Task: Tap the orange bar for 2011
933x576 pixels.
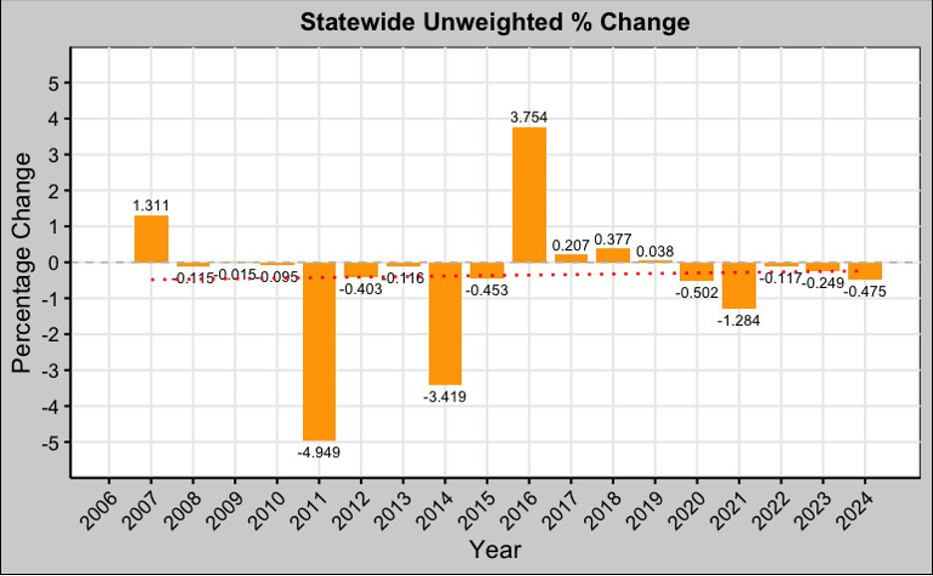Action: (319, 351)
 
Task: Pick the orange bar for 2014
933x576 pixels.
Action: (446, 323)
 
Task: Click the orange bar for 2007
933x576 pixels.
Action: (152, 239)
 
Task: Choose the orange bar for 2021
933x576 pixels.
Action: (739, 285)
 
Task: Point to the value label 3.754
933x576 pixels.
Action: (529, 117)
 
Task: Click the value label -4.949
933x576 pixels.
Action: (319, 451)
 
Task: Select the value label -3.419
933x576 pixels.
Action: (445, 397)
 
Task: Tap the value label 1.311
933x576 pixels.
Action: (152, 205)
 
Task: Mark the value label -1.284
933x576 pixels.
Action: (740, 321)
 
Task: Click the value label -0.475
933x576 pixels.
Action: (864, 291)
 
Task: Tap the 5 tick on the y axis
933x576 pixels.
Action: (52, 83)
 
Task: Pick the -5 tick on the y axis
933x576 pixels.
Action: (49, 441)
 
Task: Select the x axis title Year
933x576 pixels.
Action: (494, 549)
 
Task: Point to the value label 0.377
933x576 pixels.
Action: (613, 239)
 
